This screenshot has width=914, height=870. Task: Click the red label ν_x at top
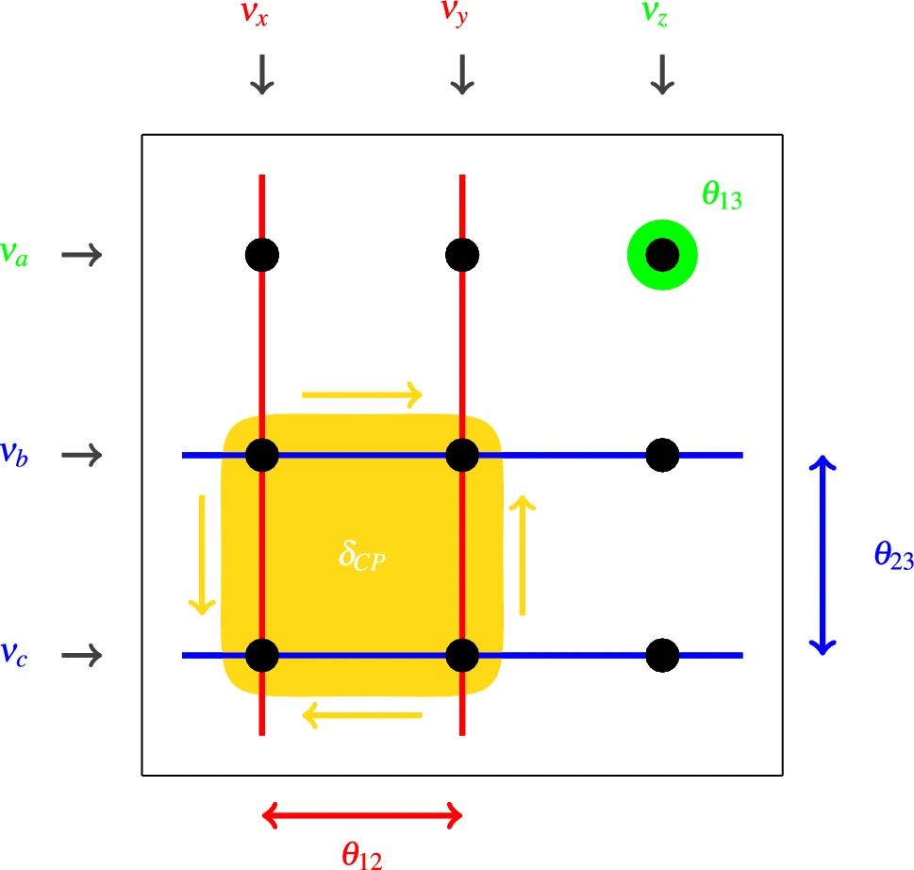(x=258, y=15)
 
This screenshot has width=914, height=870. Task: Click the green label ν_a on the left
(x=13, y=254)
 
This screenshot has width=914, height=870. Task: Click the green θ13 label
(x=722, y=197)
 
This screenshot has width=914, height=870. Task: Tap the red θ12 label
(x=362, y=855)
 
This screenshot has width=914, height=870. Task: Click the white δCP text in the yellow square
(x=363, y=556)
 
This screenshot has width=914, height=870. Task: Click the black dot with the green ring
(x=662, y=255)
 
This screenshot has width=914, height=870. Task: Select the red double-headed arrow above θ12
(x=362, y=813)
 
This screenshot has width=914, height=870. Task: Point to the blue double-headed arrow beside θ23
(x=824, y=555)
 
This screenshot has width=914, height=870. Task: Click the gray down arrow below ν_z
(x=662, y=74)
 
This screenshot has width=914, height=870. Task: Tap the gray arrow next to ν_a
(x=81, y=255)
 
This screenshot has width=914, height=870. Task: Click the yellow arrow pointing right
(x=362, y=394)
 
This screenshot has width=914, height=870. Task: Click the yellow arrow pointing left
(x=362, y=717)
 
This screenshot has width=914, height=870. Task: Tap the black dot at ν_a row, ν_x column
(x=262, y=255)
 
